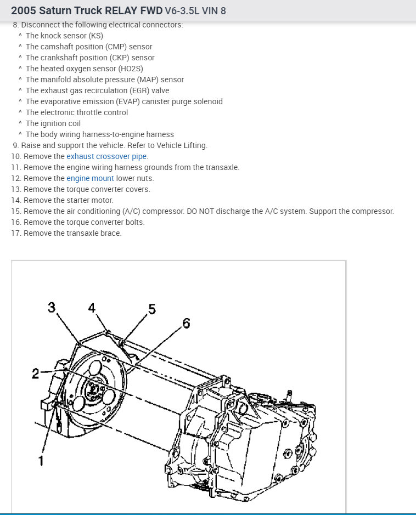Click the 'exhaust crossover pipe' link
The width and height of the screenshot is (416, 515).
[107, 156]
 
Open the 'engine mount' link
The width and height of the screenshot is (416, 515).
[90, 178]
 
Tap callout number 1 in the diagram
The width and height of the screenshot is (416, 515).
[41, 460]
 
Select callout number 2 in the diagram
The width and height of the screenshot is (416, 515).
[36, 374]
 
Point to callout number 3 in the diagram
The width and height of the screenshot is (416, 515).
[52, 307]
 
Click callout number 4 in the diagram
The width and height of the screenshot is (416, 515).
[92, 307]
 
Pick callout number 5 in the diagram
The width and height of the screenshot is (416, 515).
[152, 309]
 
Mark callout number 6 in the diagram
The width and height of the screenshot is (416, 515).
[186, 324]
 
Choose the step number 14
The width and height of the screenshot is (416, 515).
[15, 200]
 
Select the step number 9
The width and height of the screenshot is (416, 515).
[15, 145]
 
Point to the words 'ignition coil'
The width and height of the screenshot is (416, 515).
[61, 123]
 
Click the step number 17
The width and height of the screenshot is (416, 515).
[15, 233]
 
